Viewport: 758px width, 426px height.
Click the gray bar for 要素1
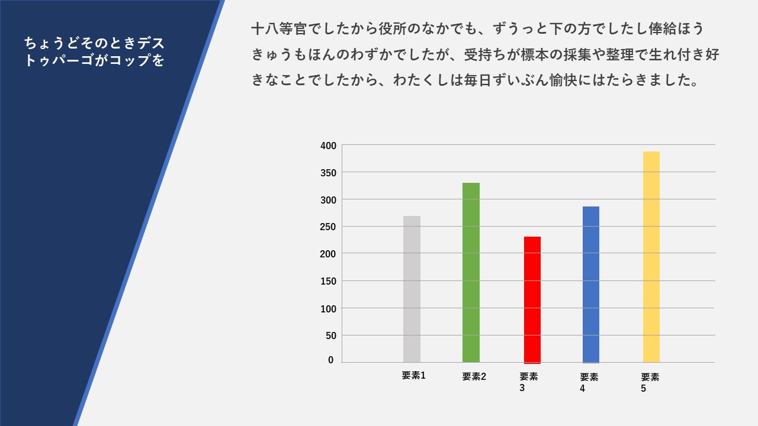point(412,289)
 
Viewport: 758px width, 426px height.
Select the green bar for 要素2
point(471,273)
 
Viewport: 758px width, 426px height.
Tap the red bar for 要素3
point(532,300)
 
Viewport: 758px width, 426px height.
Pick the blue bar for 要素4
point(591,285)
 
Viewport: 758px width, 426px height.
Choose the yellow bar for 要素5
point(651,257)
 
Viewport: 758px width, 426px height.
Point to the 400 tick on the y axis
point(328,146)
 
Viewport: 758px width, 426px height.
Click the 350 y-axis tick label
point(328,173)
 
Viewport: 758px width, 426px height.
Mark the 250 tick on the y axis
point(328,227)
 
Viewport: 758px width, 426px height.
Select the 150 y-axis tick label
point(328,281)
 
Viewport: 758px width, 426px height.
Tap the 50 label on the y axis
point(331,335)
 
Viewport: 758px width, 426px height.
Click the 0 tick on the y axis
point(330,360)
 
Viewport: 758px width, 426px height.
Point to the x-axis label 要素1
point(413,375)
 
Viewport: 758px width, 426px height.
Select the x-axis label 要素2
point(474,376)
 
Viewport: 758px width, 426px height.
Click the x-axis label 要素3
point(529,382)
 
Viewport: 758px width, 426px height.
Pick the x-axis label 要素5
point(650,383)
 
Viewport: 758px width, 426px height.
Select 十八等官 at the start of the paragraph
point(280,29)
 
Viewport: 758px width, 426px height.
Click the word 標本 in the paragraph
point(535,54)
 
